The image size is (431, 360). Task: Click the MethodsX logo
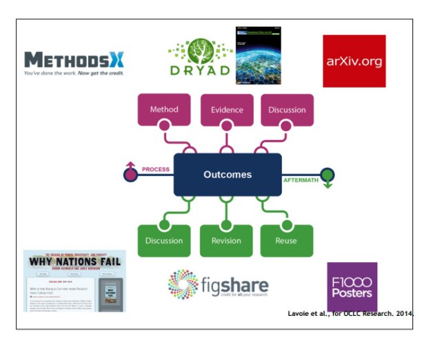74,63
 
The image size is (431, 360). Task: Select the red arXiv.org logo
354,61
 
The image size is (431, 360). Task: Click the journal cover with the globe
258,55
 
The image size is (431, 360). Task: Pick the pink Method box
164,110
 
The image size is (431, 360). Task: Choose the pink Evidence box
227,110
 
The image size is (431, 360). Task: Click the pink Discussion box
288,110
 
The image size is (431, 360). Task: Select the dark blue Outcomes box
227,175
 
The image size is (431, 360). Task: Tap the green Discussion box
164,241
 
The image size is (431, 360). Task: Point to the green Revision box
227,241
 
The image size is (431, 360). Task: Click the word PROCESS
156,169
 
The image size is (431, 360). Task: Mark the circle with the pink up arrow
130,174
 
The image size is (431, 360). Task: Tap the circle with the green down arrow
327,175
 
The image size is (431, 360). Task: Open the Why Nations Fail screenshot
74,281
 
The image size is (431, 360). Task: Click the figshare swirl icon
183,284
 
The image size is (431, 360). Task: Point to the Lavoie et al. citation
350,314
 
